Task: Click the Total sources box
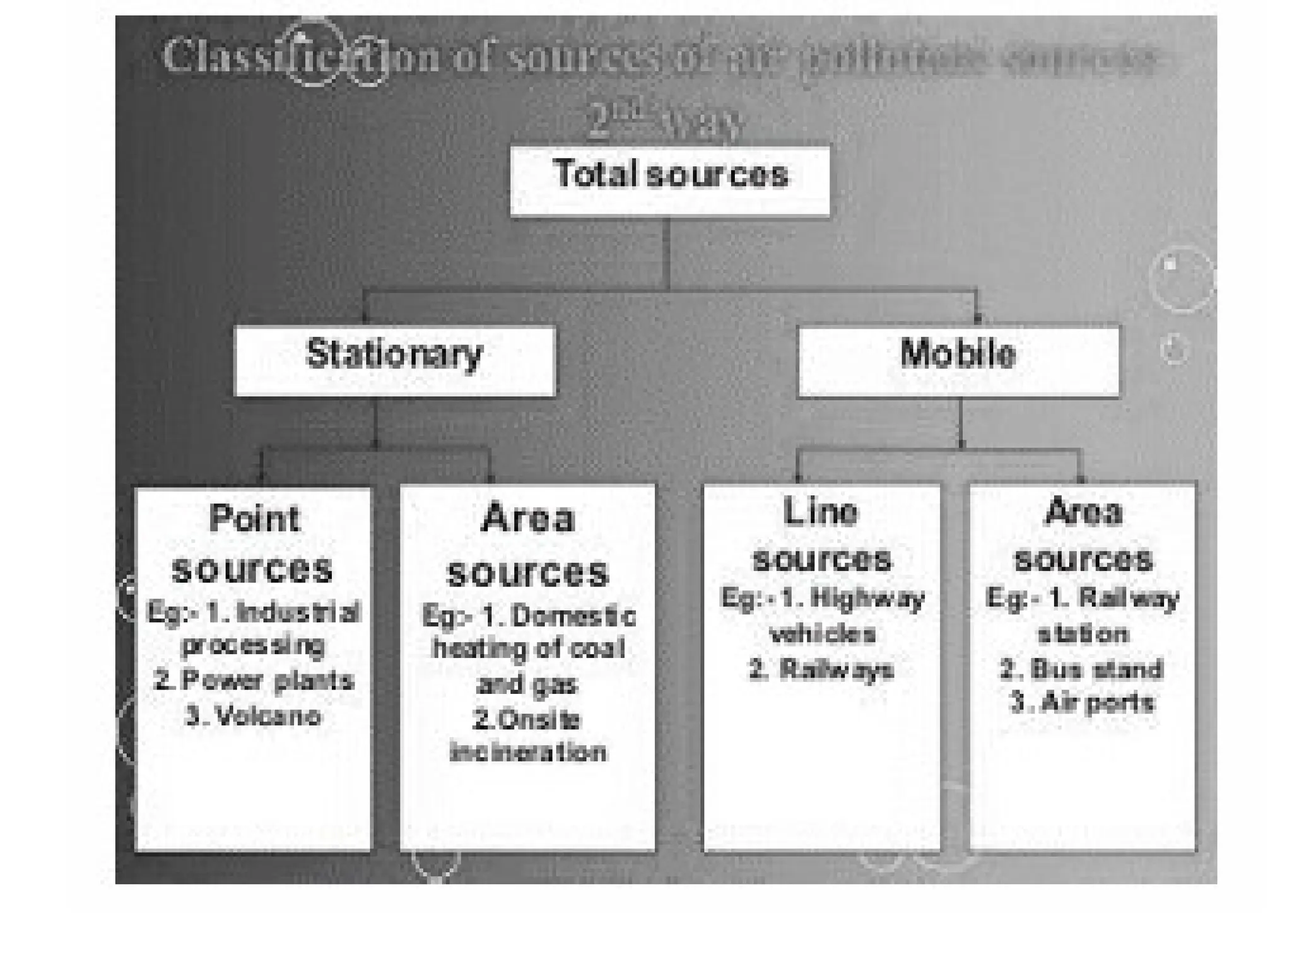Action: click(x=670, y=181)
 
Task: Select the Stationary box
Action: click(x=394, y=360)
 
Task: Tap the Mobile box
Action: click(x=958, y=360)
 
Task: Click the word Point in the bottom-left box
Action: click(x=254, y=519)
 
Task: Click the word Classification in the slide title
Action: click(x=265, y=56)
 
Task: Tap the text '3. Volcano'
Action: click(x=253, y=716)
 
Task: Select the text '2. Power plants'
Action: click(x=254, y=681)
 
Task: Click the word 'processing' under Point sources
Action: click(x=253, y=645)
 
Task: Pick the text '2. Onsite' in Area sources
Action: click(x=527, y=720)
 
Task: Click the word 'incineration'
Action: click(x=528, y=753)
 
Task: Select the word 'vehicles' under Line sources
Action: click(x=823, y=634)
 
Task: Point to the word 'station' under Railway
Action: click(x=1083, y=634)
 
